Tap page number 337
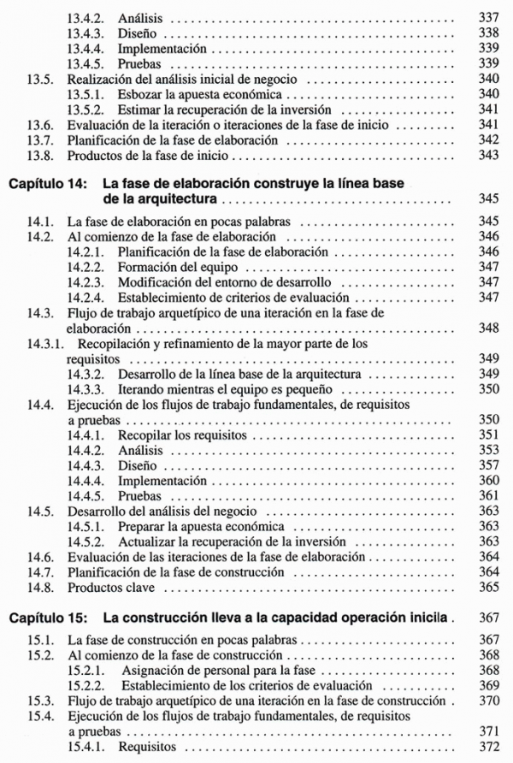[488, 17]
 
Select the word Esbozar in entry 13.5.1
[142, 94]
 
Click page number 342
[488, 140]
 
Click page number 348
[488, 328]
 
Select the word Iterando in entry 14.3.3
[142, 389]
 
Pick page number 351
[488, 435]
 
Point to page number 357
[488, 465]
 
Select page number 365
[488, 588]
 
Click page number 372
[488, 747]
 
